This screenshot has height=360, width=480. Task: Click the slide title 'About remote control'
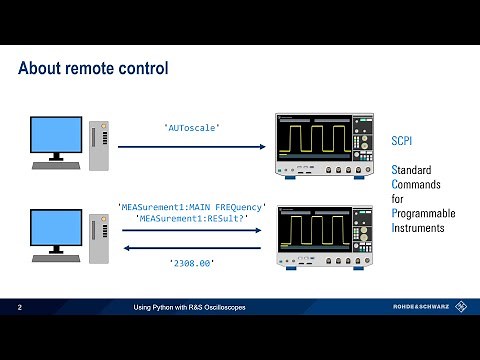[93, 68]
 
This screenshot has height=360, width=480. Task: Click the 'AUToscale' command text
[191, 128]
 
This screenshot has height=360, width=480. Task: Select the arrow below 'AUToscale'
[191, 147]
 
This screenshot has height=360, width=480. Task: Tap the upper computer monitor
[57, 137]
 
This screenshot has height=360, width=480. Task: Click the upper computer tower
[98, 146]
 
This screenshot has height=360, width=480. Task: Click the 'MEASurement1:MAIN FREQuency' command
[191, 206]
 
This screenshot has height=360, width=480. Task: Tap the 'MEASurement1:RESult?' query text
[191, 219]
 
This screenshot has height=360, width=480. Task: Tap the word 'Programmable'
[423, 213]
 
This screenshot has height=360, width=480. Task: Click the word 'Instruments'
[418, 228]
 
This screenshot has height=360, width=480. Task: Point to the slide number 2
[19, 308]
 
